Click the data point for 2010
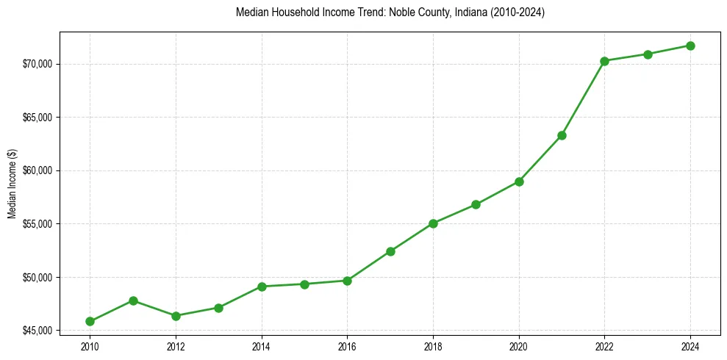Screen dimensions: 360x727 click(x=90, y=321)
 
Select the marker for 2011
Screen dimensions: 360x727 click(x=133, y=300)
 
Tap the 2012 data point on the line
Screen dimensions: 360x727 click(x=176, y=316)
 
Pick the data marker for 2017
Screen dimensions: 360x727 click(x=390, y=251)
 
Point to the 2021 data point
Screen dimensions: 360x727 click(x=562, y=135)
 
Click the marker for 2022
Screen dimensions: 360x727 click(x=604, y=61)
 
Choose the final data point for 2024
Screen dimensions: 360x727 click(x=690, y=46)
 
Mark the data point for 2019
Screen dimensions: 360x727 click(x=476, y=204)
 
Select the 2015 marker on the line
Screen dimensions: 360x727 click(x=304, y=284)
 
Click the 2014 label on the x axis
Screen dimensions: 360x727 click(x=262, y=346)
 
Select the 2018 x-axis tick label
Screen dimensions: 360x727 click(x=433, y=346)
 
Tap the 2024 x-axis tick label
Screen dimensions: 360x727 click(x=690, y=346)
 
